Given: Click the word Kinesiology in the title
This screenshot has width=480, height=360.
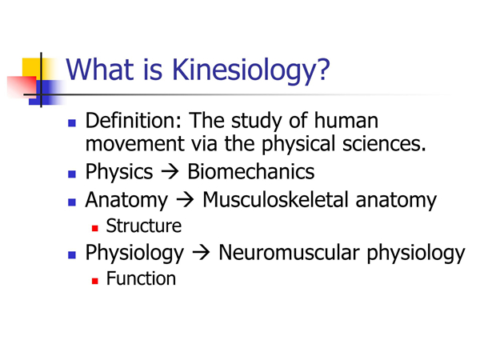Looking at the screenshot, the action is [x=251, y=70].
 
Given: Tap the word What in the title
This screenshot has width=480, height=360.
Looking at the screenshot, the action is [x=100, y=69].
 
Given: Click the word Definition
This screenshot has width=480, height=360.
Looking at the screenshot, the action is [x=134, y=121].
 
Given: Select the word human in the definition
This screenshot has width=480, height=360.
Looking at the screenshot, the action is [x=346, y=121].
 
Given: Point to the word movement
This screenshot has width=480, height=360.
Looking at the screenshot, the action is [x=135, y=144].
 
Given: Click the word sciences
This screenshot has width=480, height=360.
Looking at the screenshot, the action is [x=384, y=143].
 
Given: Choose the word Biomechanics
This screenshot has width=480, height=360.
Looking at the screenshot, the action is [x=250, y=171].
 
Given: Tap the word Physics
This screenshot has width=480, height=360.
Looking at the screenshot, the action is [x=119, y=172].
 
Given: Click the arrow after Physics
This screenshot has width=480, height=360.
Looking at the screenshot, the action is [x=170, y=172].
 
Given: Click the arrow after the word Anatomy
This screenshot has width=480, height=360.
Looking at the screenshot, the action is [x=185, y=200].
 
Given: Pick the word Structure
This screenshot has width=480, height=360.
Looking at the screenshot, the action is [x=143, y=226].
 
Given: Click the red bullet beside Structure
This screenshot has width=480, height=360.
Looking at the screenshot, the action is [x=95, y=228].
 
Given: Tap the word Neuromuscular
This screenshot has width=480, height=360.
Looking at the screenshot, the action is [x=289, y=253].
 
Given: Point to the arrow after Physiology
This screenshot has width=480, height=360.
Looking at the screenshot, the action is [x=201, y=253].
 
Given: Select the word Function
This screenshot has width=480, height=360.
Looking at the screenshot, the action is [x=141, y=278].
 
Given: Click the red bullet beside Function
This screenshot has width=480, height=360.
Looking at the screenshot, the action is [x=95, y=281].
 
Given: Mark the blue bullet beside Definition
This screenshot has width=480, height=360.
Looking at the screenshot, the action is [x=72, y=123].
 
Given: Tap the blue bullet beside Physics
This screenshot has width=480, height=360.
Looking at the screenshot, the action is [x=72, y=174].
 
